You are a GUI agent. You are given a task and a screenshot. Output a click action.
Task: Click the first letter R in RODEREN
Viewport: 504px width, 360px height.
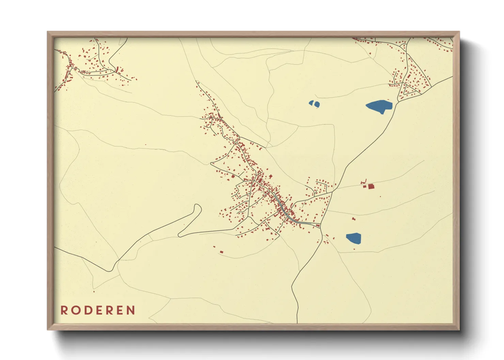(x=64, y=310)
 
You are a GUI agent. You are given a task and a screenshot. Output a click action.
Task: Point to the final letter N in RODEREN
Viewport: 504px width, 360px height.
(x=131, y=310)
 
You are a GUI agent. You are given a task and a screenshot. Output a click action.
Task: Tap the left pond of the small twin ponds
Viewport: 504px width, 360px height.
(x=311, y=103)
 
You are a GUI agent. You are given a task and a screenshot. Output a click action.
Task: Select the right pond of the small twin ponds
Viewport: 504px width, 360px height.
(x=317, y=105)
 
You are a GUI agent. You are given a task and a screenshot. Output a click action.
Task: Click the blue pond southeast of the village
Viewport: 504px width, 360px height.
(x=353, y=238)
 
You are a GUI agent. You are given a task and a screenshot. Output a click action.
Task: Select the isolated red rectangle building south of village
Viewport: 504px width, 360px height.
(x=221, y=252)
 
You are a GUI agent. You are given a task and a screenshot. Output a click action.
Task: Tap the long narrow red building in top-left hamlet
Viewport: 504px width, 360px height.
(x=117, y=69)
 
